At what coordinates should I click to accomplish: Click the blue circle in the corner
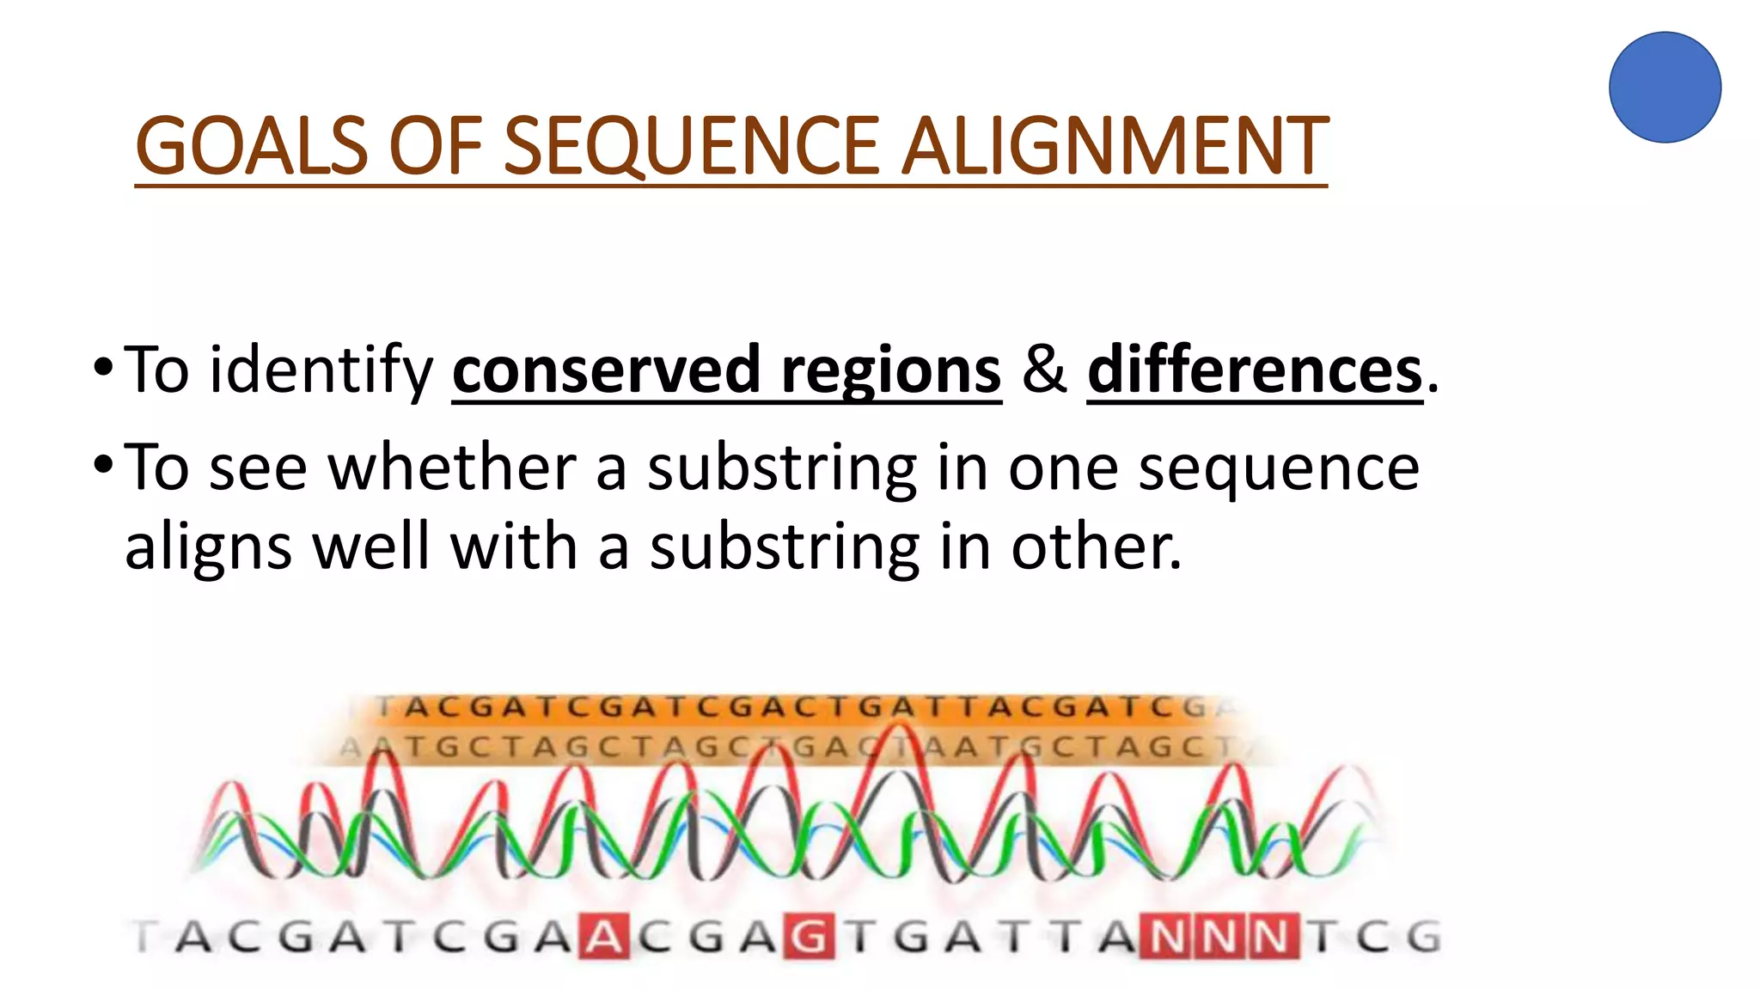pos(1665,88)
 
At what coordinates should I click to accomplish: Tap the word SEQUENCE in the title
pos(690,147)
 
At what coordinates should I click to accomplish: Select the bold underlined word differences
pos(1255,370)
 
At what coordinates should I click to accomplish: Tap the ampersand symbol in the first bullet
pos(1044,370)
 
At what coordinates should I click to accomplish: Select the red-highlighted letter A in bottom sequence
pos(606,937)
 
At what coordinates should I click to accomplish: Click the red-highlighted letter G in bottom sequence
pos(808,937)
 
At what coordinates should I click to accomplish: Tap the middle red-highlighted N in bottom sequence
pos(1218,937)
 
